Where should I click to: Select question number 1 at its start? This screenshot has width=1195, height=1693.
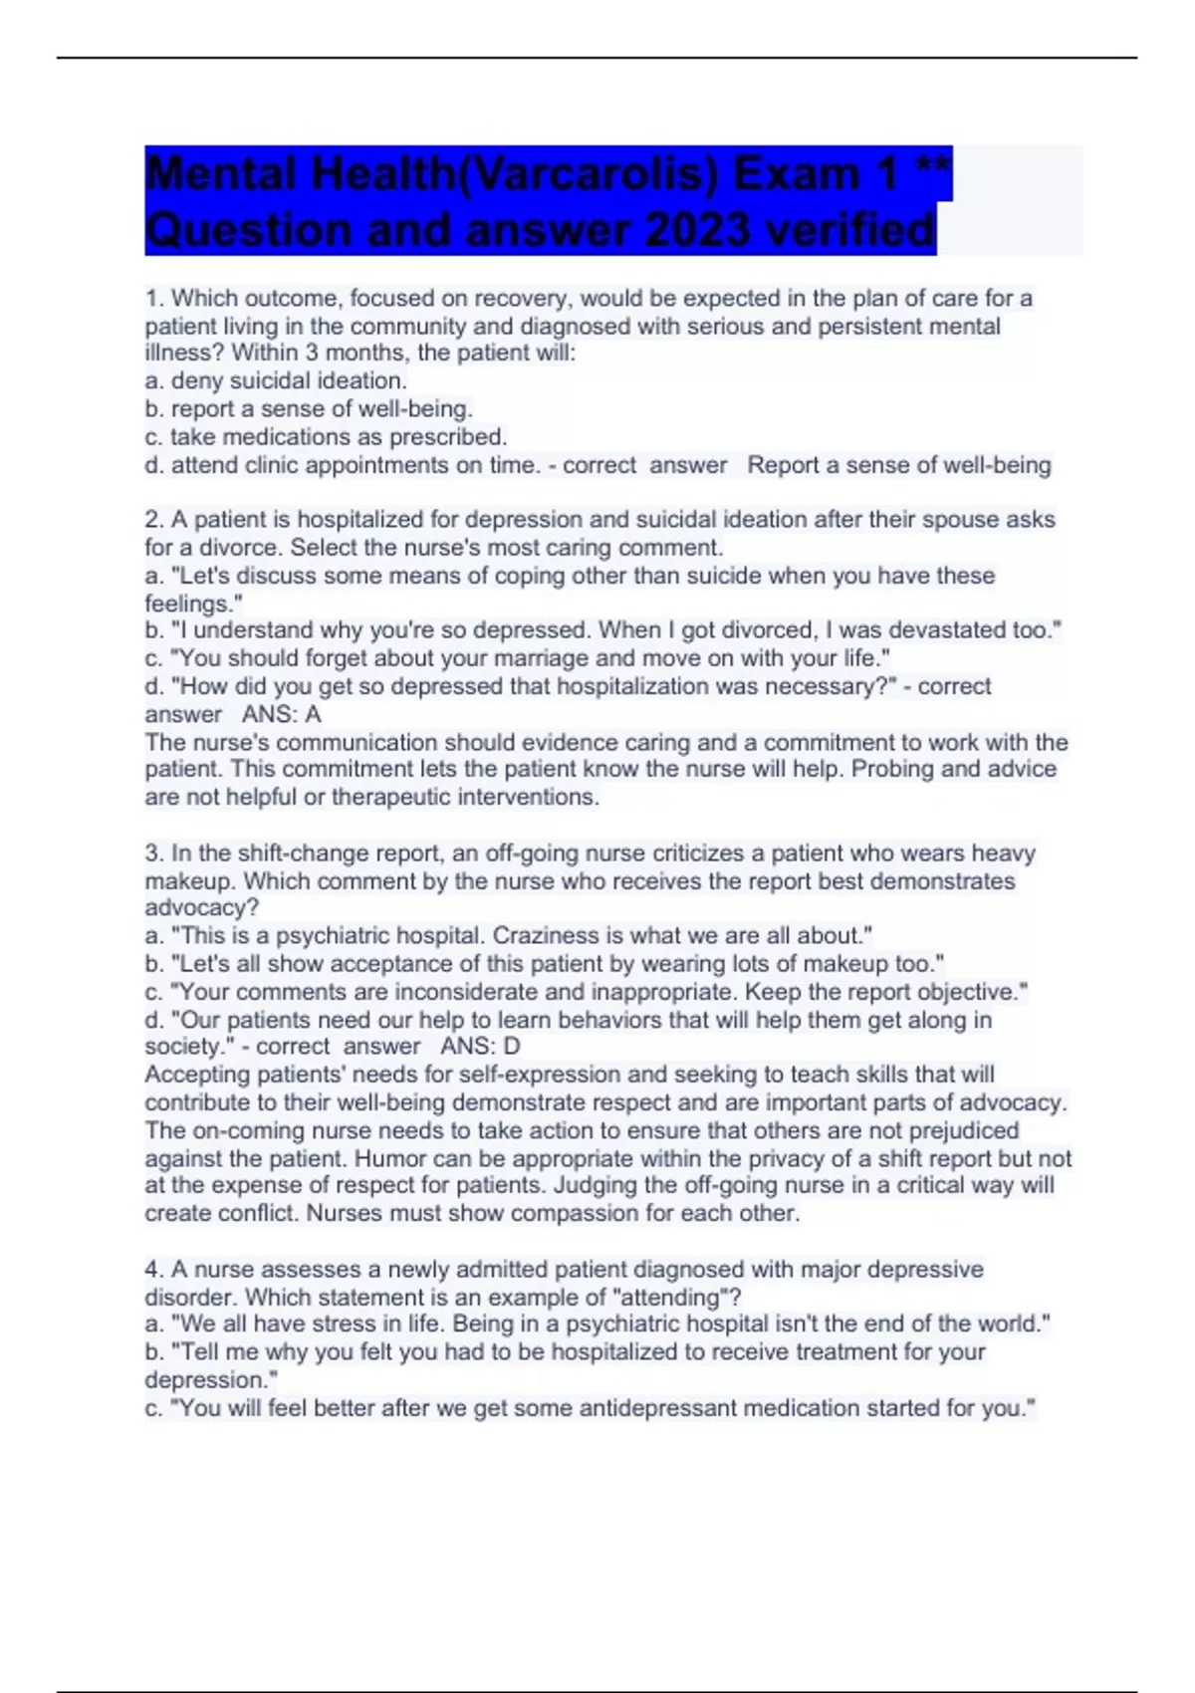(153, 299)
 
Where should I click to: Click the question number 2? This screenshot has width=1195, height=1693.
(153, 520)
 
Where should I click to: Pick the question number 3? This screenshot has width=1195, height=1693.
(153, 853)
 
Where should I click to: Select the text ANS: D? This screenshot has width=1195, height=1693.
(480, 1047)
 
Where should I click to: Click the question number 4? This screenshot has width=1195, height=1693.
(153, 1270)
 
